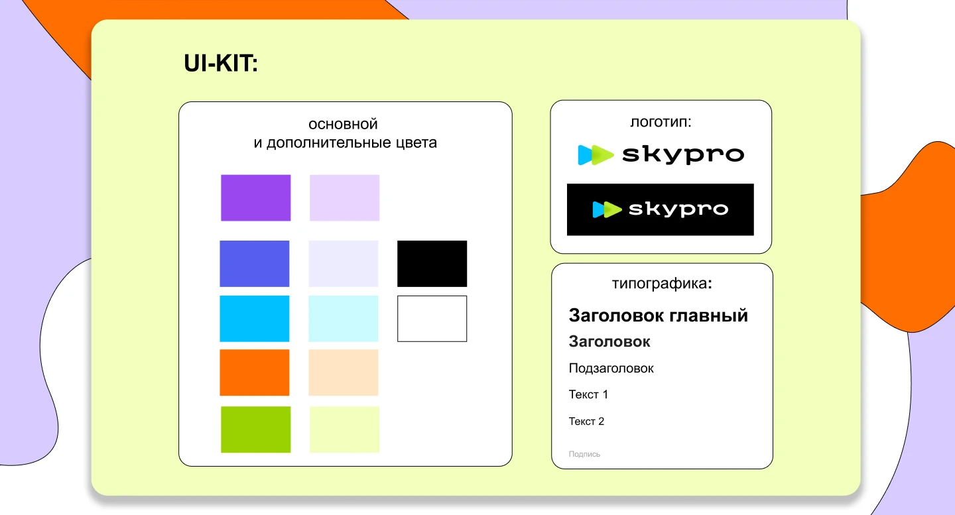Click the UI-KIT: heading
220,64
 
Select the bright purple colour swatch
255,198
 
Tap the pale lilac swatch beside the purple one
344,198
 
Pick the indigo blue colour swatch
255,264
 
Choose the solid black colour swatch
432,264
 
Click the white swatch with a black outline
432,319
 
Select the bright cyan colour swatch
255,319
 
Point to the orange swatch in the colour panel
255,372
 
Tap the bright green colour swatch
255,429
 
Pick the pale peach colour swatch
344,372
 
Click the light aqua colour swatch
344,319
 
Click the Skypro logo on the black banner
660,209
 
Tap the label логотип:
661,122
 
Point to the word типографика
659,284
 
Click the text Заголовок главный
658,315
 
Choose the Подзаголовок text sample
611,369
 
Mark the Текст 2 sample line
586,422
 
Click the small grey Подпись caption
584,454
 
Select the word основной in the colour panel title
343,124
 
